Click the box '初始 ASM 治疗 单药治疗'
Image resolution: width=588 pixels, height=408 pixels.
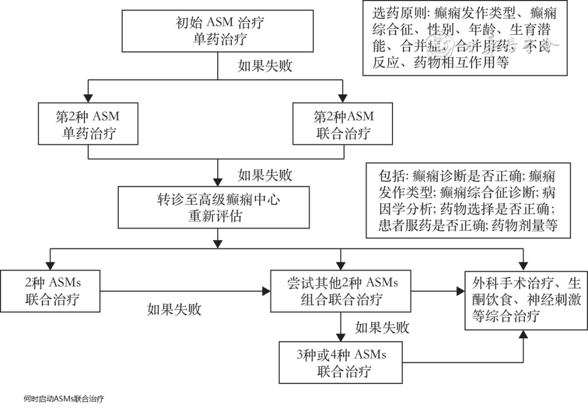218,31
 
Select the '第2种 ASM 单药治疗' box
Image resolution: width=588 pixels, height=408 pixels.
88,124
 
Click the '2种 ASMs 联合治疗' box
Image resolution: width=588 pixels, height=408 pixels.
51,291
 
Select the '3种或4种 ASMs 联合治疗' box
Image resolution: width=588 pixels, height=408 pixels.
341,362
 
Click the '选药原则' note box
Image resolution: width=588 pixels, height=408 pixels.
465,38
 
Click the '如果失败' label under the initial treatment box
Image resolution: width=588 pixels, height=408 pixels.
265,66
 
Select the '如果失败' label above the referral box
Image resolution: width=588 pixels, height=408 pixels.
265,175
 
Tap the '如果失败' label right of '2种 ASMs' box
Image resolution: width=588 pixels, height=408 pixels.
174,309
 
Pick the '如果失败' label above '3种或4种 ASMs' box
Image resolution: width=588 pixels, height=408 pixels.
382,327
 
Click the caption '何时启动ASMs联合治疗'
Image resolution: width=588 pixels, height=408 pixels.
64,399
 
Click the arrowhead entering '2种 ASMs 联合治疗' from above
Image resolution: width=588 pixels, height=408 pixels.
51,265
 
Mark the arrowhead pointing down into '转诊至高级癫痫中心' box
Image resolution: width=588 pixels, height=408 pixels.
218,182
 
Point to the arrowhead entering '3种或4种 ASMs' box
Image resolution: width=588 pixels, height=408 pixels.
341,337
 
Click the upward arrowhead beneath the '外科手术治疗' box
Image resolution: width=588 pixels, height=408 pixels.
523,334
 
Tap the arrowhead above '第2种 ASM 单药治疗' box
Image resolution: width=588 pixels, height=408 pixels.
88,98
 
